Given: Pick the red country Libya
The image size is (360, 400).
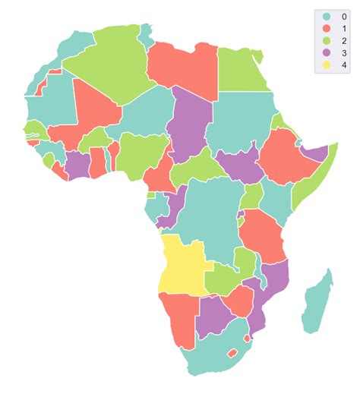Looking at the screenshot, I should (x=185, y=68).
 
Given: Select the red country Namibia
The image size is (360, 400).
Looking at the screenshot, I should (x=179, y=319).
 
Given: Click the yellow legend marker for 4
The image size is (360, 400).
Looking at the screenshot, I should (x=327, y=65).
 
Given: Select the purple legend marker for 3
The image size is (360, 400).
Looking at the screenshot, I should (x=327, y=53).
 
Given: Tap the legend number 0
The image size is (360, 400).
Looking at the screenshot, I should (x=344, y=15).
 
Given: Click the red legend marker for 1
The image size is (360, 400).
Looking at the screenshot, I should (x=327, y=28).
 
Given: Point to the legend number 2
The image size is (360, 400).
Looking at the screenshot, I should (x=344, y=40).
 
